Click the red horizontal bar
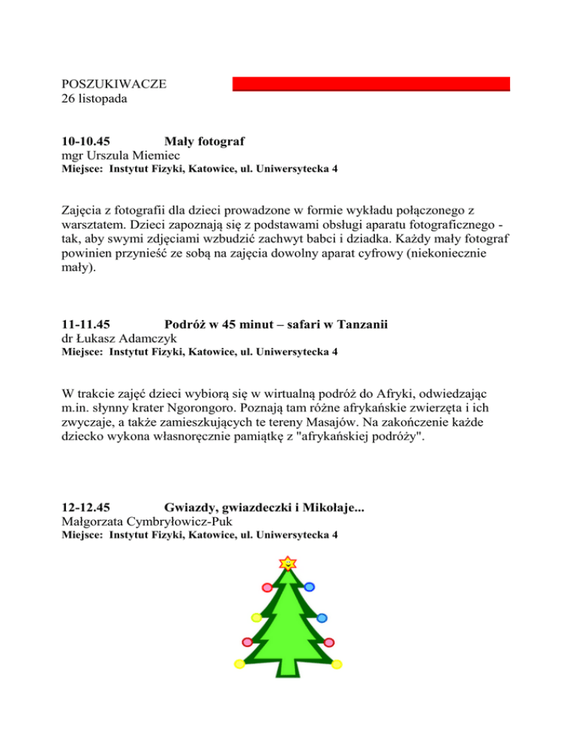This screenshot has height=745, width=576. pos(370,84)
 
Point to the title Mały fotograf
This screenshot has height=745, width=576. pos(205,141)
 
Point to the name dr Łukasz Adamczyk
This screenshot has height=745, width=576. pos(113,338)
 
